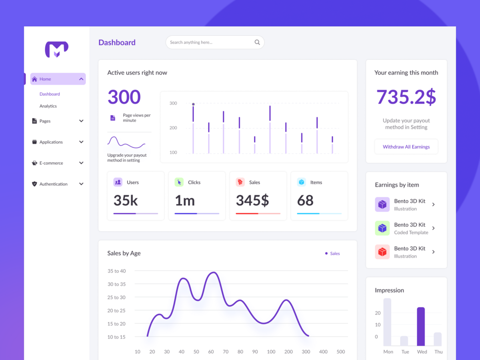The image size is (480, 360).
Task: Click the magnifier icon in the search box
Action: (257, 42)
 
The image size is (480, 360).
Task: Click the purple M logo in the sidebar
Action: (57, 49)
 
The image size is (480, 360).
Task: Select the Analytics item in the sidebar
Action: (48, 106)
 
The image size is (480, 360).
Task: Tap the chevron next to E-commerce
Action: (81, 163)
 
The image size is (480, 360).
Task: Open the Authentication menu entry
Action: (53, 184)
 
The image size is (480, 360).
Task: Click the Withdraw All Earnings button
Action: (406, 147)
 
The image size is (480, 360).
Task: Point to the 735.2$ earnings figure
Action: (406, 97)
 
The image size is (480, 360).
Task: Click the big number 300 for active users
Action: (124, 97)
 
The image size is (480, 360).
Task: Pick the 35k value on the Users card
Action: (126, 201)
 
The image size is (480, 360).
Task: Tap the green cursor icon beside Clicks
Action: (179, 182)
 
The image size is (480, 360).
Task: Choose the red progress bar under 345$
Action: (247, 213)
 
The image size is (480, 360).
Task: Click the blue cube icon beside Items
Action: (301, 182)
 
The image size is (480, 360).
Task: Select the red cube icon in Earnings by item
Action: (382, 252)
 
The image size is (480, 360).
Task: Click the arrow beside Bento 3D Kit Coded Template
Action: (433, 228)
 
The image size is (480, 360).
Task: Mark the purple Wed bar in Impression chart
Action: (421, 326)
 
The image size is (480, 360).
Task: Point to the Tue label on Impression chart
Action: (405, 351)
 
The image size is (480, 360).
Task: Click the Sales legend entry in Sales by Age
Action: (332, 254)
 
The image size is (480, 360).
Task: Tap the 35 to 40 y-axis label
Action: (117, 271)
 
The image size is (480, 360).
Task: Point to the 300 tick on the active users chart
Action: (173, 103)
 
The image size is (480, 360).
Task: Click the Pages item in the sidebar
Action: (45, 121)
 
